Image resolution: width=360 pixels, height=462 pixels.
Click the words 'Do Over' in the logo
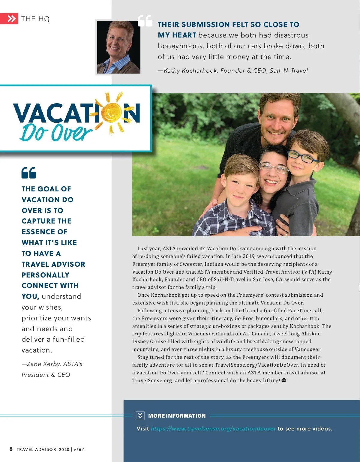[56, 132]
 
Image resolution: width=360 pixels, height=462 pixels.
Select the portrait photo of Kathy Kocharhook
[118, 47]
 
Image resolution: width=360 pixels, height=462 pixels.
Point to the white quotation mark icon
[145, 21]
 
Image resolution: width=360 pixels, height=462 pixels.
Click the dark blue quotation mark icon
[29, 173]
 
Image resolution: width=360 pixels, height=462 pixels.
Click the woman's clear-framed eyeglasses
[273, 167]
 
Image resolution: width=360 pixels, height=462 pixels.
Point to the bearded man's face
[277, 120]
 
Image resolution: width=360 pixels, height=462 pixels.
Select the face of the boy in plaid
[241, 183]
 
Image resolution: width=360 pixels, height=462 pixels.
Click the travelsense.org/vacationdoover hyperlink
[213, 429]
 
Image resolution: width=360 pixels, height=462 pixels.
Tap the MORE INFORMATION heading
[177, 416]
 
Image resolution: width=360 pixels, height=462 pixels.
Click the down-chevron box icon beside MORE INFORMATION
[140, 415]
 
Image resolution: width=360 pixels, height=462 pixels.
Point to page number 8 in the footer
[11, 449]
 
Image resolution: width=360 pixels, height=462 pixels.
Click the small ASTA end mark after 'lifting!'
[284, 380]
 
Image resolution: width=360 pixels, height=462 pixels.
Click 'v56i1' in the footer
[79, 449]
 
